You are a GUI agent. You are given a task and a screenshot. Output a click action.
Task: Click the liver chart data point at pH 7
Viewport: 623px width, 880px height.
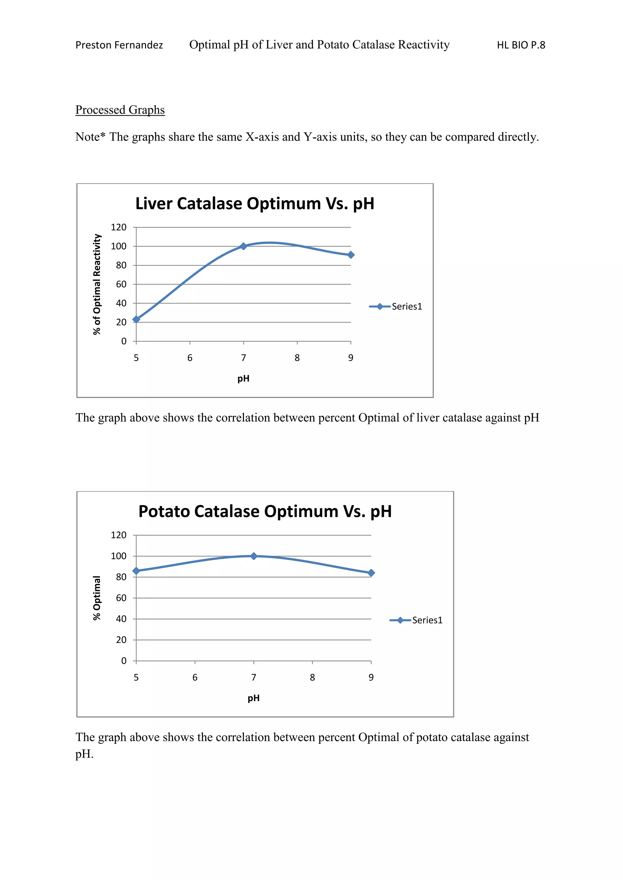tap(243, 246)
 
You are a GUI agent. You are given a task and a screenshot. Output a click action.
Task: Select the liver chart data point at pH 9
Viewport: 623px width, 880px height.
tap(351, 255)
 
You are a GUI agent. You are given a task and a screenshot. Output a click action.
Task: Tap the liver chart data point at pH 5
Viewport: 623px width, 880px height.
tap(136, 319)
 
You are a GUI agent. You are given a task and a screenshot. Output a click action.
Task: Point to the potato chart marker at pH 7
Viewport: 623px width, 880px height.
tap(254, 556)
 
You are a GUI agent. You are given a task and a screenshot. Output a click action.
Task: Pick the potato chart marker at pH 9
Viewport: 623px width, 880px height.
tap(371, 573)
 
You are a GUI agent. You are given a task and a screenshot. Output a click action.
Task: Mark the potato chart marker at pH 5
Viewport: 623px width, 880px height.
tap(136, 571)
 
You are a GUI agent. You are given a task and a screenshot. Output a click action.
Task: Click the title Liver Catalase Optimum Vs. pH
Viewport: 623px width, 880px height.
tap(255, 204)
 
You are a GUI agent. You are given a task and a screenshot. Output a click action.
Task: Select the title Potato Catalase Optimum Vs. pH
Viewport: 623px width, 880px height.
tap(265, 511)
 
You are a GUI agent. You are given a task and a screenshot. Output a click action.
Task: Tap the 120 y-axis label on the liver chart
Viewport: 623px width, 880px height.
tap(119, 227)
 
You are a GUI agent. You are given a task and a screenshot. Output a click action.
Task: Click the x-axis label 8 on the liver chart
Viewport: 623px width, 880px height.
tap(297, 358)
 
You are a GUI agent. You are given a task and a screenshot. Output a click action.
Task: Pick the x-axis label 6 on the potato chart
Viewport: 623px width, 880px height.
tap(195, 678)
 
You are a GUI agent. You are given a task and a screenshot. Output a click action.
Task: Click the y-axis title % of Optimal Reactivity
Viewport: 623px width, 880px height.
tap(97, 284)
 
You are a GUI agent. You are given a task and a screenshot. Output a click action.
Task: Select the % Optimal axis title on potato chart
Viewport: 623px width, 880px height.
tap(97, 598)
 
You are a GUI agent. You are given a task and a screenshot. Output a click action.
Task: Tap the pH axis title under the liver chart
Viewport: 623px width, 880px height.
tap(243, 379)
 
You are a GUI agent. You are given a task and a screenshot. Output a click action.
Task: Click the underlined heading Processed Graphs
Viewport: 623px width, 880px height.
tap(120, 110)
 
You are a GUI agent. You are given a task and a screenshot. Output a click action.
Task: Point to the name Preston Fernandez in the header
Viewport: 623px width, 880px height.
tap(119, 45)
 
